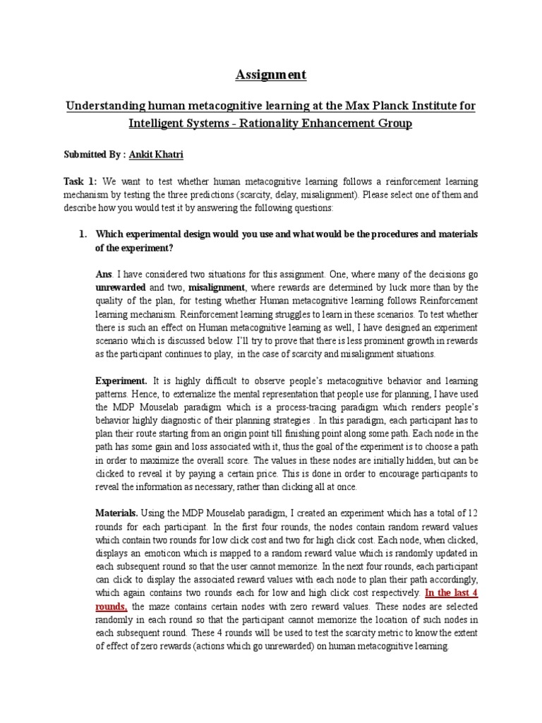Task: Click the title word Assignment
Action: (271, 74)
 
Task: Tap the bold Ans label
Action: (104, 275)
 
